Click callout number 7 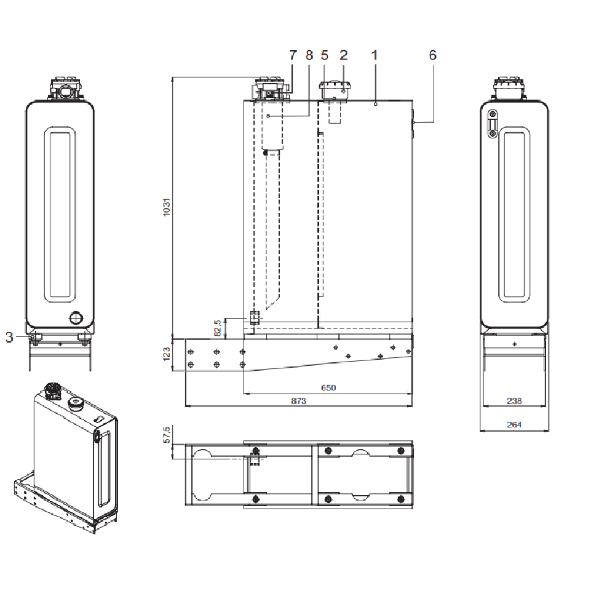(x=293, y=55)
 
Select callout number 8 (x=309, y=55)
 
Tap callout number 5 (x=325, y=55)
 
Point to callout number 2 (x=343, y=55)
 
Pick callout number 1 (x=375, y=55)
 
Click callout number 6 (x=432, y=55)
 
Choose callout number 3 (x=9, y=336)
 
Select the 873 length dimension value (x=298, y=401)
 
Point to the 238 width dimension (x=514, y=401)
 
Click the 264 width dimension (x=514, y=425)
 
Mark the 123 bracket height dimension (x=165, y=355)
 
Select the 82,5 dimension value (x=217, y=328)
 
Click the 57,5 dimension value (x=165, y=435)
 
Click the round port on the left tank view (x=76, y=318)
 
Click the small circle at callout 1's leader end (x=375, y=105)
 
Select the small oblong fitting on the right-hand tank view (x=492, y=125)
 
